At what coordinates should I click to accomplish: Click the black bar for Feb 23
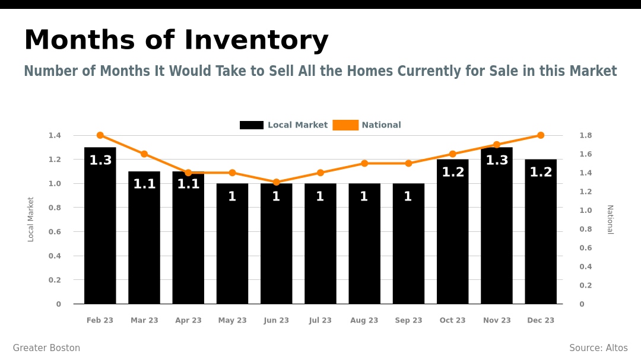tap(100, 231)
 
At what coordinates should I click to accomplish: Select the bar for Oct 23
tap(452, 237)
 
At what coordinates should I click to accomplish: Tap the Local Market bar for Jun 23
tap(276, 249)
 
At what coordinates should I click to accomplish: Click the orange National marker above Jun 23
tap(276, 182)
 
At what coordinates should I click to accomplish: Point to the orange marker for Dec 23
tap(541, 135)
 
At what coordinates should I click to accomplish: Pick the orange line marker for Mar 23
tap(144, 154)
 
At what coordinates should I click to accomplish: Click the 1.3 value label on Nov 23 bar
tap(497, 160)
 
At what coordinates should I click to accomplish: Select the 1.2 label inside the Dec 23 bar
tap(541, 172)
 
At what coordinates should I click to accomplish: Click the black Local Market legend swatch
tap(252, 125)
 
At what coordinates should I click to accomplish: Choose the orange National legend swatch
tap(345, 125)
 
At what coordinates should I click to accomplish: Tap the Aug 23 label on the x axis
tap(364, 320)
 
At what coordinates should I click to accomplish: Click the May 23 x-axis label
tap(232, 320)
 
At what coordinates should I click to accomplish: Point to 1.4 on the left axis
tap(55, 135)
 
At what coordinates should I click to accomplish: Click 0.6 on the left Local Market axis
tap(55, 232)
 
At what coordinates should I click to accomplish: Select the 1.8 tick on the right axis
tap(586, 135)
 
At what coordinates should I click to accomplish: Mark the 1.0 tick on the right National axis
tap(586, 210)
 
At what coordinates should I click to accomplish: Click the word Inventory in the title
tap(256, 40)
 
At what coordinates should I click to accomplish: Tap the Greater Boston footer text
tap(46, 348)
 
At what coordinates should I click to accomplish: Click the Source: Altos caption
tap(598, 348)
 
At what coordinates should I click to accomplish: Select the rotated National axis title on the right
tap(610, 219)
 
